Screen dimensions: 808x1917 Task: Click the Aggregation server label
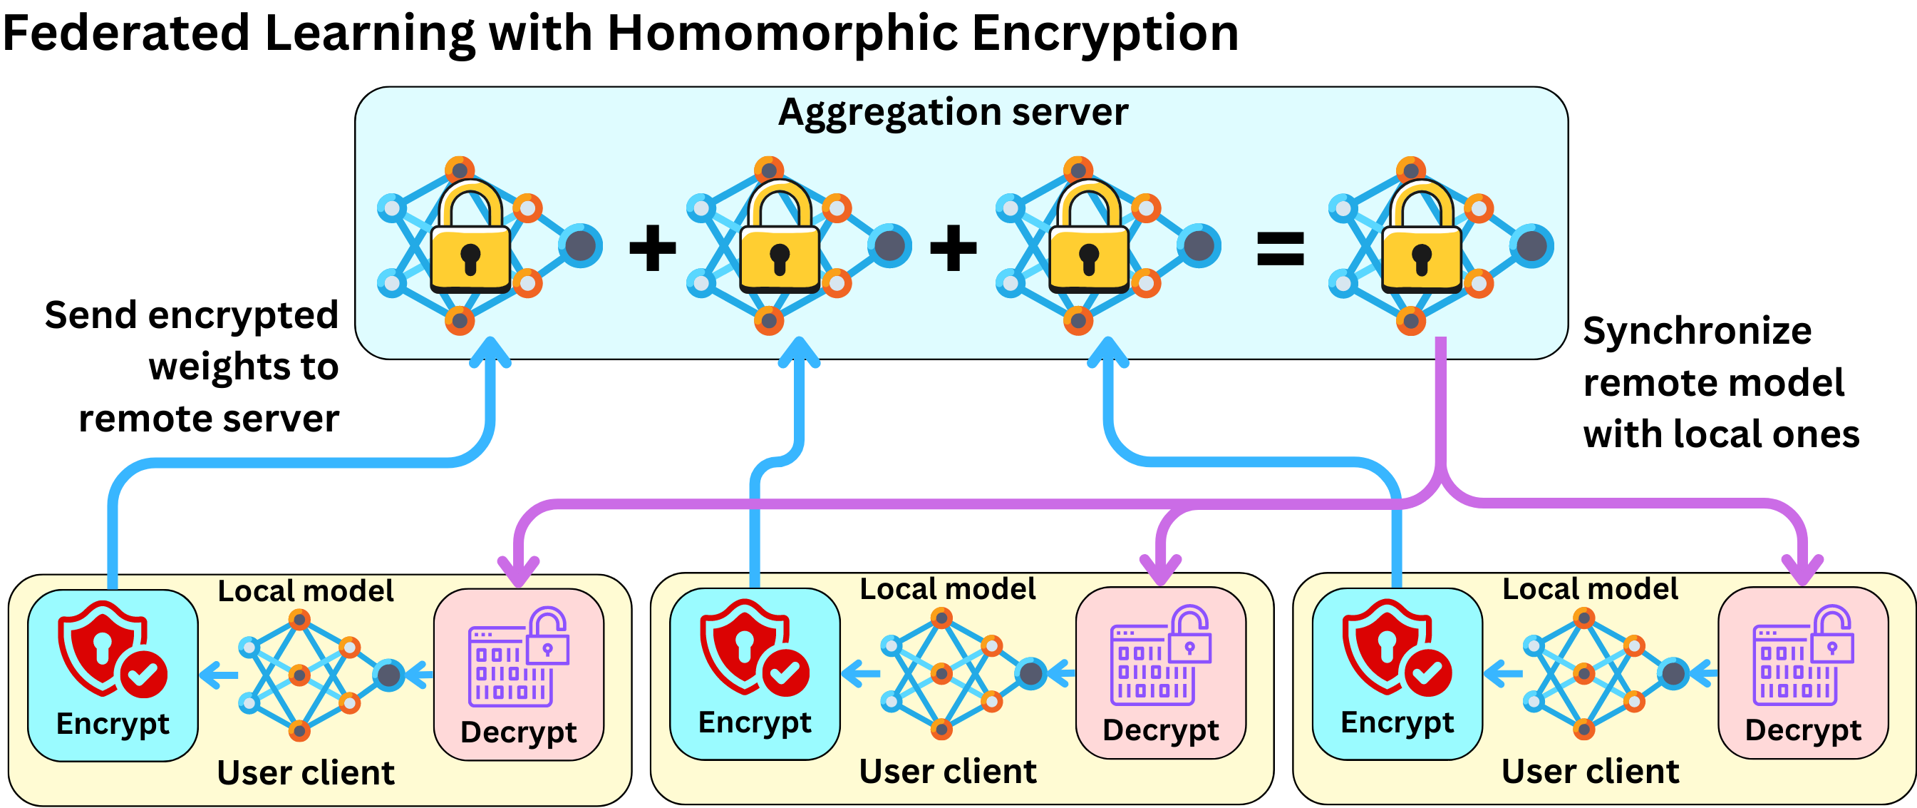tap(953, 113)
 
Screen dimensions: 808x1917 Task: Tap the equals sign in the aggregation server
tap(1280, 248)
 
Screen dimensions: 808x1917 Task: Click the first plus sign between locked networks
tap(653, 248)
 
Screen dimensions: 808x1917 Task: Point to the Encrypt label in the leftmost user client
tap(113, 723)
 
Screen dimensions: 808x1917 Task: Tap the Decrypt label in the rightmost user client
tap(1802, 730)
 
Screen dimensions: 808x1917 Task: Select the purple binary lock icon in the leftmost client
tap(518, 657)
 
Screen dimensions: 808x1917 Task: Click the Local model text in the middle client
tap(947, 589)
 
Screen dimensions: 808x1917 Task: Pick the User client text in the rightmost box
tap(1591, 772)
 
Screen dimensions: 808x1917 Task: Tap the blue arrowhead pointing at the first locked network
tap(490, 350)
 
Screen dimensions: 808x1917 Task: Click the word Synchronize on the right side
tap(1697, 331)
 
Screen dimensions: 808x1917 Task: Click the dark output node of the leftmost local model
tap(389, 675)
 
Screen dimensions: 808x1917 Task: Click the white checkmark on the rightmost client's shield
tap(1427, 673)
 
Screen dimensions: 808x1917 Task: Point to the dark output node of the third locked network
tap(1199, 245)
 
